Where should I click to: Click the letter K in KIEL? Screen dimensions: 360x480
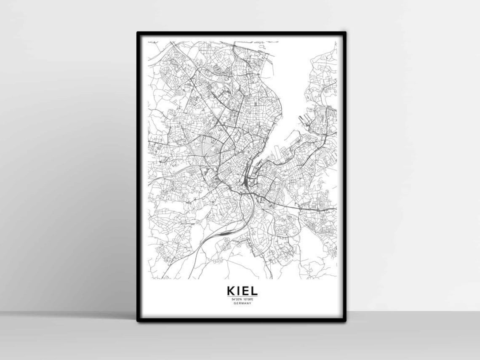click(231, 291)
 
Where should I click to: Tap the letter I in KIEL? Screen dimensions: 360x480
click(239, 291)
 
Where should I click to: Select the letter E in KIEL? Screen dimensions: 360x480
click(245, 291)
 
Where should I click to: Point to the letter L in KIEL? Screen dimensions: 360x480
click(253, 291)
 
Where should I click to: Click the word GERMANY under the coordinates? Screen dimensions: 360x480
click(242, 303)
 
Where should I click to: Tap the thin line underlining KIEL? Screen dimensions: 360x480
click(242, 296)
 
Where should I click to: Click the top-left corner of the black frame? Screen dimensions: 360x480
click(138, 33)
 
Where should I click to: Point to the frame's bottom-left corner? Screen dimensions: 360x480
click(138, 320)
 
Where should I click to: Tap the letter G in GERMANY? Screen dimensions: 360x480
click(234, 303)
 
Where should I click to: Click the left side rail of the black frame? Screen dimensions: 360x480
click(139, 177)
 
